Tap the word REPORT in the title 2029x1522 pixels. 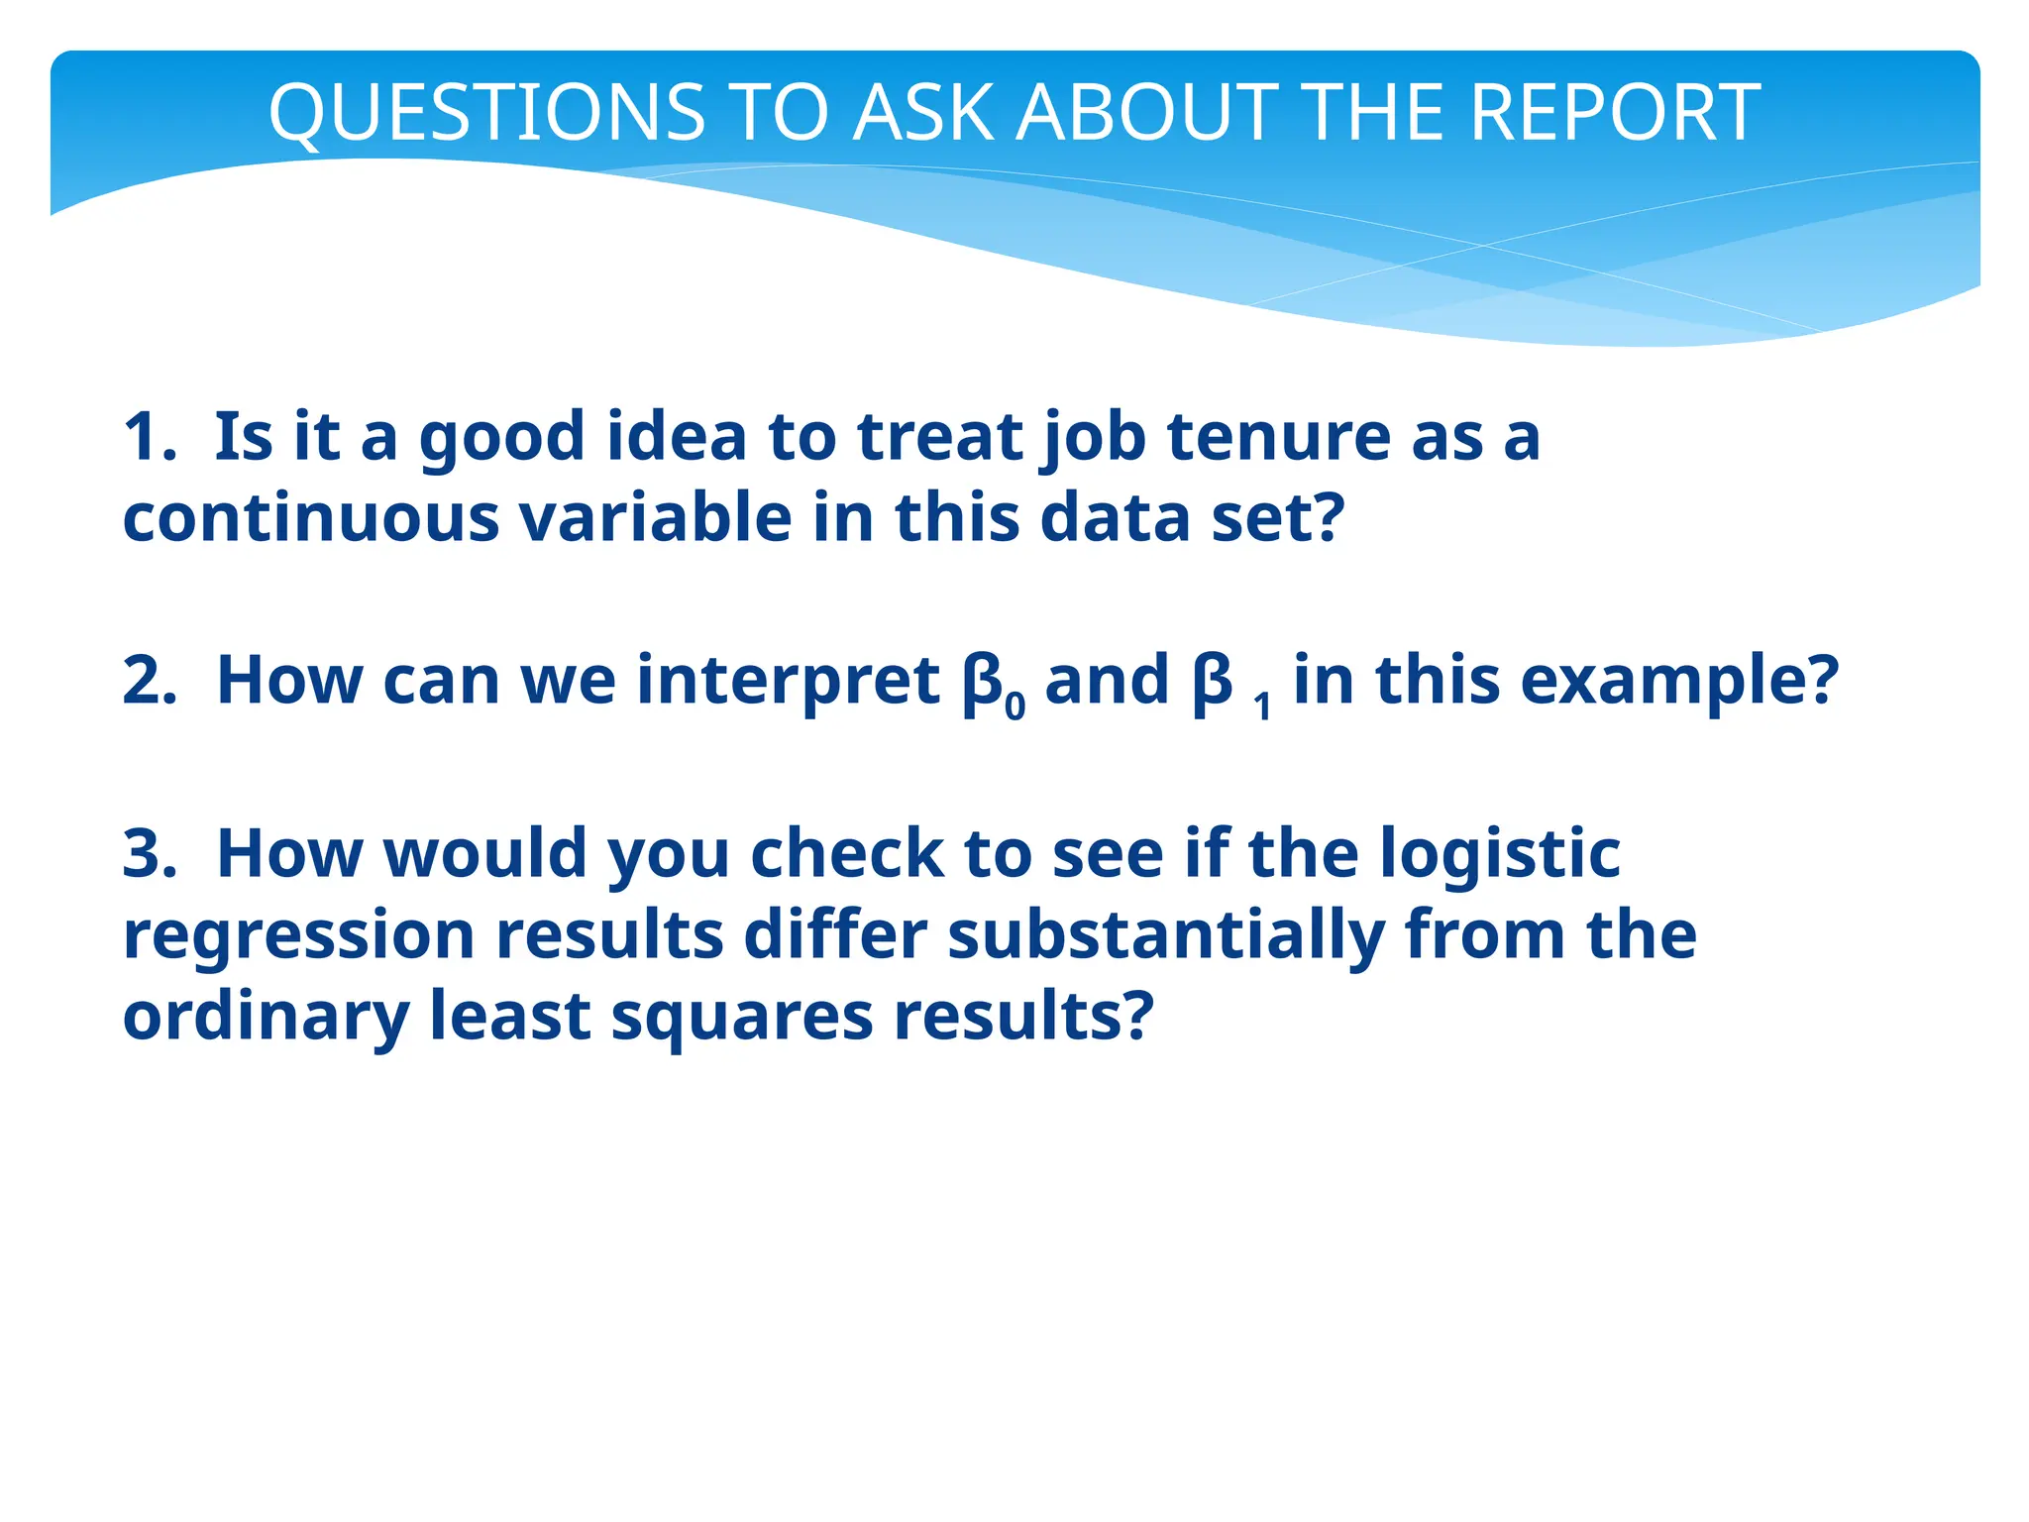[x=1615, y=112]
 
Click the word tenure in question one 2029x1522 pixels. [x=1279, y=437]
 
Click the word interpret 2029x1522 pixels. [x=788, y=681]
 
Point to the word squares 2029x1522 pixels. [x=742, y=1018]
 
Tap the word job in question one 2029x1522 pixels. [x=1095, y=437]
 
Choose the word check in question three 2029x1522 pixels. [x=847, y=853]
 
